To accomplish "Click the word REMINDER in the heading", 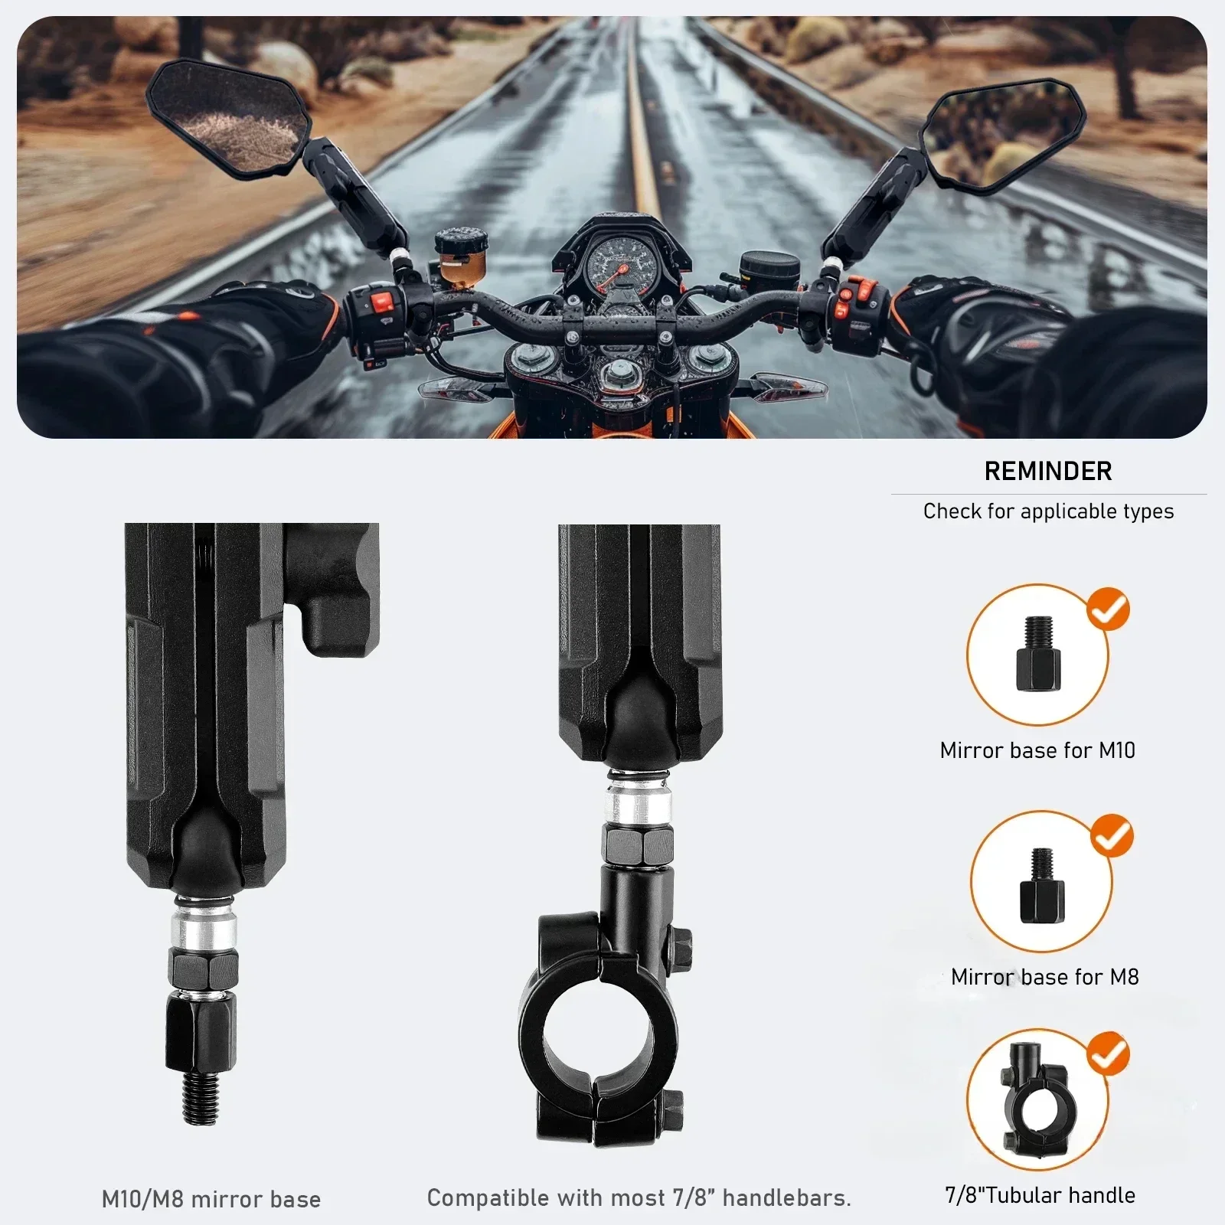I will point(1047,471).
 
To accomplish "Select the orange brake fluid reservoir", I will point(461,256).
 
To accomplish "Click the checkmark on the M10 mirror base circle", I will point(1108,609).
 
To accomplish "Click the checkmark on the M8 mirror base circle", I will point(1112,835).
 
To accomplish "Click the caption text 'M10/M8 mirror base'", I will point(211,1199).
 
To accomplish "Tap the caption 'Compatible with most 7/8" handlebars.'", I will point(639,1197).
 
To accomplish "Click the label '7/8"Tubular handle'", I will point(1040,1195).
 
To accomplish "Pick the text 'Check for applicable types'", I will point(1047,511).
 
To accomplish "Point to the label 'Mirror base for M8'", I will point(1044,977).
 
